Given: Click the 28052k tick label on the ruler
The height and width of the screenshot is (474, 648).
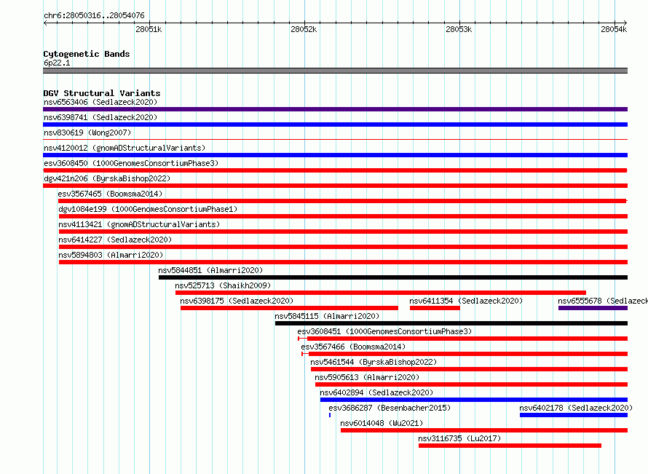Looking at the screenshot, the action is (304, 29).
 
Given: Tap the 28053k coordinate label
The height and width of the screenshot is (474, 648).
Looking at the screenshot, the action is (459, 29).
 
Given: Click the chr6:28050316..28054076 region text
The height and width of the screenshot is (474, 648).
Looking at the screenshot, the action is (94, 16).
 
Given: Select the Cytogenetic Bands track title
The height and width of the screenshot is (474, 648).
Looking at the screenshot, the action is (87, 54).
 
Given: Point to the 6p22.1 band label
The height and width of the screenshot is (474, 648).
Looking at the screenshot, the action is (57, 63).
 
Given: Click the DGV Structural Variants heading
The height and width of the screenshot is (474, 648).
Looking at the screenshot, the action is (102, 93).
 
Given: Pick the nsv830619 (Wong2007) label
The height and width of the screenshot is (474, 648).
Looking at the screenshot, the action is (87, 133).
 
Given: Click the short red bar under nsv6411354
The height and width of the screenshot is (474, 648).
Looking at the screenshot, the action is (435, 308).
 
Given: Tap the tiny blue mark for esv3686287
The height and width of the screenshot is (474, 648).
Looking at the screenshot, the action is (330, 415).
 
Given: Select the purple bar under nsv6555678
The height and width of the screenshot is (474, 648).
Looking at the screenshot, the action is (593, 308).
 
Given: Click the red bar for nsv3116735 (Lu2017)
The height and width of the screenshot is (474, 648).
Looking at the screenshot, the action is (510, 446).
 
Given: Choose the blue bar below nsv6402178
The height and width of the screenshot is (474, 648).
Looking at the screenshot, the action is (574, 415).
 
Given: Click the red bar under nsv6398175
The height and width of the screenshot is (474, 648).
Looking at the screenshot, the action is (289, 308).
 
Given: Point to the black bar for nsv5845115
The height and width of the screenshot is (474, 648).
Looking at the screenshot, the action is (451, 323).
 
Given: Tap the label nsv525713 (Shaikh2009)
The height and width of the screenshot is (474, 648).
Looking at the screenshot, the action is (223, 285).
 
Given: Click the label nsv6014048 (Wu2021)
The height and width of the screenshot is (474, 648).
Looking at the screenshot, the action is (382, 423).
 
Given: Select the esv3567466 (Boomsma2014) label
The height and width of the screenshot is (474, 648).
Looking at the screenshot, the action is (353, 347).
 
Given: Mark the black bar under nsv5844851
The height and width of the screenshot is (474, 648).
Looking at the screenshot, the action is (393, 277).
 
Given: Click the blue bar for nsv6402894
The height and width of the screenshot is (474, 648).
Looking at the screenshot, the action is (473, 400).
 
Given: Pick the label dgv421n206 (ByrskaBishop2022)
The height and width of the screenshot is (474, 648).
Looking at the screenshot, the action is (107, 178).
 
